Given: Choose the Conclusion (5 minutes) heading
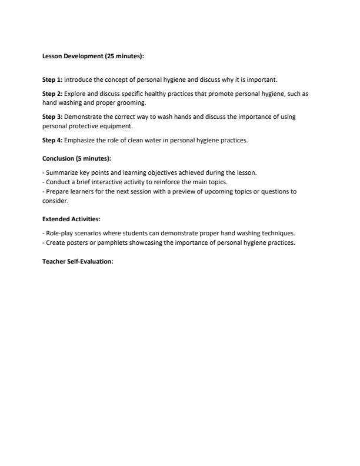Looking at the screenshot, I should (77, 158).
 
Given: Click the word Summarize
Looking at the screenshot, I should (61, 172).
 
